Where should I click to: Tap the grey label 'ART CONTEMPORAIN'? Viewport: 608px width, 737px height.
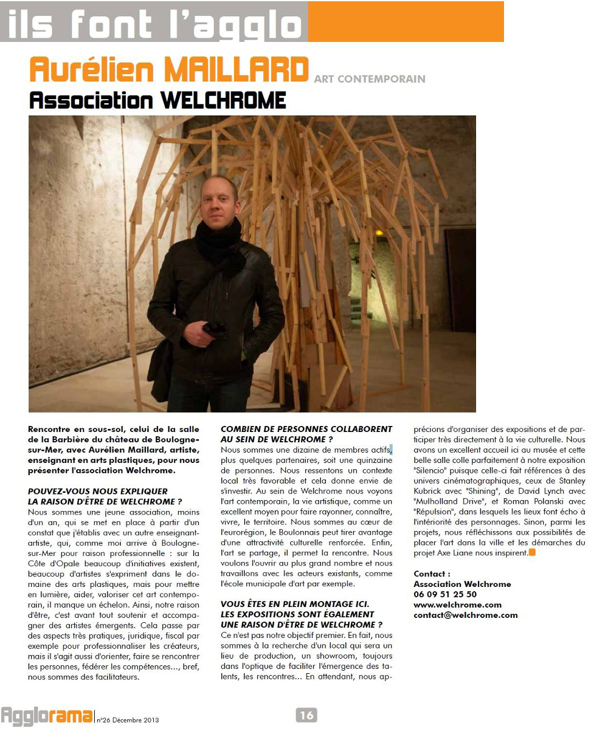click(370, 79)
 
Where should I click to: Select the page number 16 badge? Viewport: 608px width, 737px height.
click(306, 715)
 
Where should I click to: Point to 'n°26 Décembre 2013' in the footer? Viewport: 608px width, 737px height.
click(128, 720)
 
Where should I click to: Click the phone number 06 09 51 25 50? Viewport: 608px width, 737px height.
click(445, 594)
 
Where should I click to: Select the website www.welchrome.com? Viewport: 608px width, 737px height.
click(457, 605)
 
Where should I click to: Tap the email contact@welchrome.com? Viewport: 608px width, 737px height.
click(466, 615)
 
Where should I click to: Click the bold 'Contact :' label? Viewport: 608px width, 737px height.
click(432, 574)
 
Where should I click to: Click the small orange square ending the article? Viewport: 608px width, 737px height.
click(532, 552)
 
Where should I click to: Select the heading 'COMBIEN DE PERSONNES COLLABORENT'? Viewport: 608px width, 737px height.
click(306, 429)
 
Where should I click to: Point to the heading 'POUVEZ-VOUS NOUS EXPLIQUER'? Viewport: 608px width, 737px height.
click(98, 491)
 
